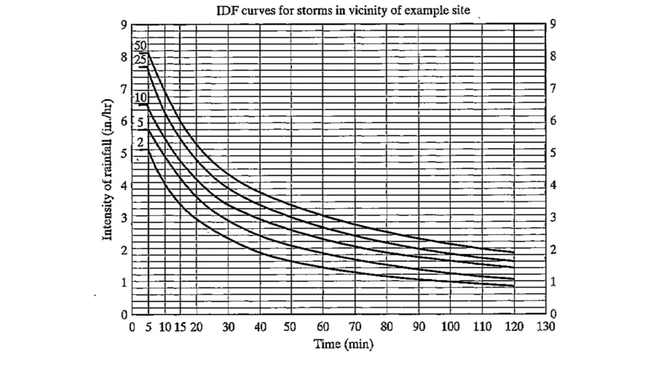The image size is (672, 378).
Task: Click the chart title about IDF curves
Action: click(x=343, y=11)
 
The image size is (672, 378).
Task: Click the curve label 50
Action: click(x=140, y=47)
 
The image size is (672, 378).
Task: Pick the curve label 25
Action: click(x=140, y=60)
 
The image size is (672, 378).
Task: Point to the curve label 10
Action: click(x=140, y=98)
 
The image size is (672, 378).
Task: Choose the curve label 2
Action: click(x=140, y=142)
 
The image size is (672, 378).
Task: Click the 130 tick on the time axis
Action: click(x=545, y=327)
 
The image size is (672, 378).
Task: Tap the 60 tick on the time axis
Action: click(x=322, y=327)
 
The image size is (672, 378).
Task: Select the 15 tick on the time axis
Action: click(x=180, y=327)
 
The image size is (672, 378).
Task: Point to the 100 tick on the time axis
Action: click(x=450, y=327)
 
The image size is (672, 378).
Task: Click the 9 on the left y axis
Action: click(x=123, y=25)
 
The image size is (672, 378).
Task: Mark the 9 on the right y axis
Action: click(x=553, y=25)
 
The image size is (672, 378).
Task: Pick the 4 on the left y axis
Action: click(x=123, y=186)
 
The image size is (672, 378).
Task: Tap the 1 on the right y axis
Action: click(x=553, y=282)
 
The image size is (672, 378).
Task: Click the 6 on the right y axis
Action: click(x=553, y=121)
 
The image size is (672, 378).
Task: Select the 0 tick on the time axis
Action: click(x=133, y=327)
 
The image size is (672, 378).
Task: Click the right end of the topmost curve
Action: click(x=513, y=253)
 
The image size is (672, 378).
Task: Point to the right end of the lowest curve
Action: click(x=513, y=286)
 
